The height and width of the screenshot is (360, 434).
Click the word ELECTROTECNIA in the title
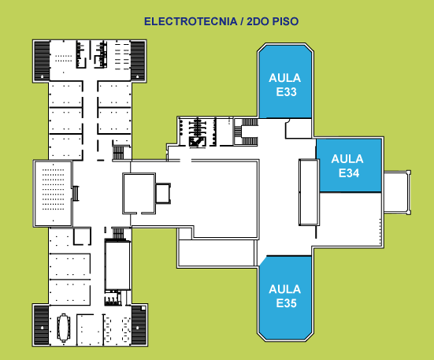[x=191, y=21]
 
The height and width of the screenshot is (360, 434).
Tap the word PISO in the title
[x=285, y=21]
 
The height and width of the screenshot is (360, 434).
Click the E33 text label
[x=286, y=92]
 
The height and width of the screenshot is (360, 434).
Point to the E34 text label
[x=349, y=173]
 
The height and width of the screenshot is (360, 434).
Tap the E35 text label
[x=286, y=303]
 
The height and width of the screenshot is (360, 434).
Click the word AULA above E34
[x=347, y=159]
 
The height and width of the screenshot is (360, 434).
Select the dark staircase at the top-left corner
[x=42, y=61]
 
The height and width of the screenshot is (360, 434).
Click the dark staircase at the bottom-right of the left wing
[x=139, y=325]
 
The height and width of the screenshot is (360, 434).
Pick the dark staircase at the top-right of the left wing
[x=138, y=61]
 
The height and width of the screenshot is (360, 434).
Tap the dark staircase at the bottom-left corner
[x=42, y=325]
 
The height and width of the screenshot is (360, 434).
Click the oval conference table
[x=64, y=328]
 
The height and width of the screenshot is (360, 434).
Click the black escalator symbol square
[x=198, y=142]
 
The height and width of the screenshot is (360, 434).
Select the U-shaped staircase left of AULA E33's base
[x=246, y=132]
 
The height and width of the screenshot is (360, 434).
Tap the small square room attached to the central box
[x=163, y=194]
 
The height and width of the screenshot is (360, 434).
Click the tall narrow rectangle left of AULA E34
[x=309, y=192]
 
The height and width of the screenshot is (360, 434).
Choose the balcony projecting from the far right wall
[x=397, y=192]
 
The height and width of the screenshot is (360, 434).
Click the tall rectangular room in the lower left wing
[x=117, y=265]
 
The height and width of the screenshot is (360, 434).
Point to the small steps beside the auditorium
[x=76, y=193]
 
